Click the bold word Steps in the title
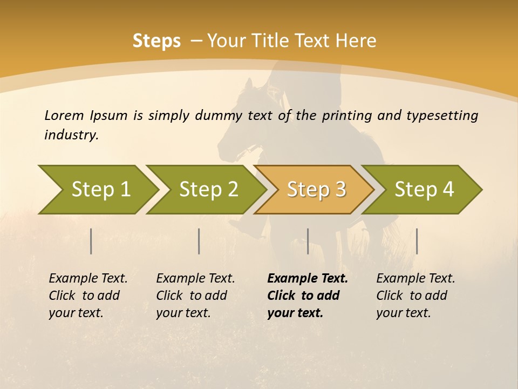[x=156, y=41]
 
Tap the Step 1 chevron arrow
[x=101, y=189]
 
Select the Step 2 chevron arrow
[x=209, y=189]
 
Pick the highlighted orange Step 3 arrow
[x=317, y=189]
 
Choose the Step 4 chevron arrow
[x=425, y=189]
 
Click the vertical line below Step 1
[x=91, y=241]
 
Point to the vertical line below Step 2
[x=199, y=241]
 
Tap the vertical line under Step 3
[x=308, y=241]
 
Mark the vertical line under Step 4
[x=417, y=241]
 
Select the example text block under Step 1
[x=88, y=295]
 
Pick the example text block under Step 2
[x=195, y=295]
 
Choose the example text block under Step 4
[x=415, y=295]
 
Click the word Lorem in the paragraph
[x=64, y=115]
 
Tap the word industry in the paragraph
[x=71, y=135]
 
